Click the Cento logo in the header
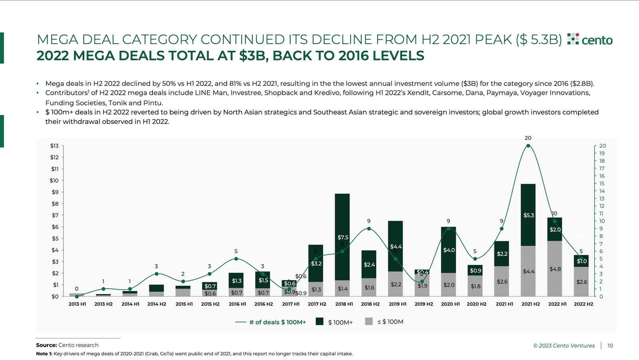click(x=590, y=40)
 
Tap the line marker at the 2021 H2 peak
click(x=528, y=146)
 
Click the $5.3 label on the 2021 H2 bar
click(x=528, y=215)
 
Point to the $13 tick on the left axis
click(x=54, y=146)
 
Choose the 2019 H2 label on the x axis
click(x=424, y=304)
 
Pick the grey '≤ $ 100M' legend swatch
click(x=369, y=322)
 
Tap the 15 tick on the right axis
click(x=602, y=184)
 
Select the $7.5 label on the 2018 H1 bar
click(x=343, y=237)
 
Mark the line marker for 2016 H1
click(x=236, y=259)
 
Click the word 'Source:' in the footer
click(x=46, y=345)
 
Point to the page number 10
click(x=610, y=346)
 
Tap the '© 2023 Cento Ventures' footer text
click(x=564, y=346)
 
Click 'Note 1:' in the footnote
click(x=44, y=354)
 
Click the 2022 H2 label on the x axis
click(x=583, y=304)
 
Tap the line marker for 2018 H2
click(x=369, y=229)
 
